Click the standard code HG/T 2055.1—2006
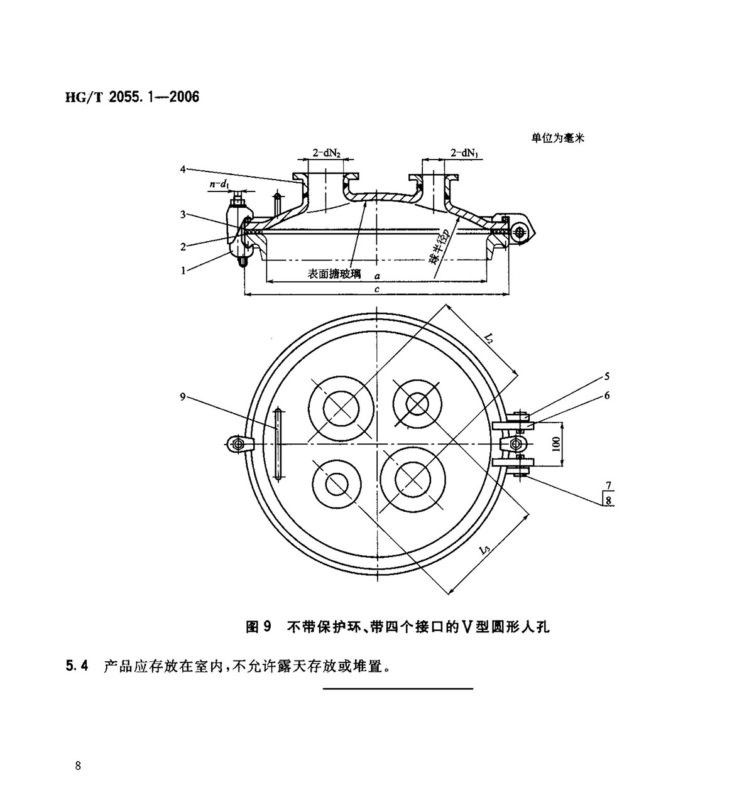point(132,97)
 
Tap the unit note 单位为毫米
point(557,138)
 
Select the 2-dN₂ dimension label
point(327,153)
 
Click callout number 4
point(182,169)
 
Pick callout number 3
point(182,215)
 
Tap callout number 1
point(182,271)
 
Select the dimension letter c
point(376,289)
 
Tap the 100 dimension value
point(555,443)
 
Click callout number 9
point(182,396)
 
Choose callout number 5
point(607,377)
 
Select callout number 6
point(607,396)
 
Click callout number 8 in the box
point(608,500)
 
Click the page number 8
point(77,765)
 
